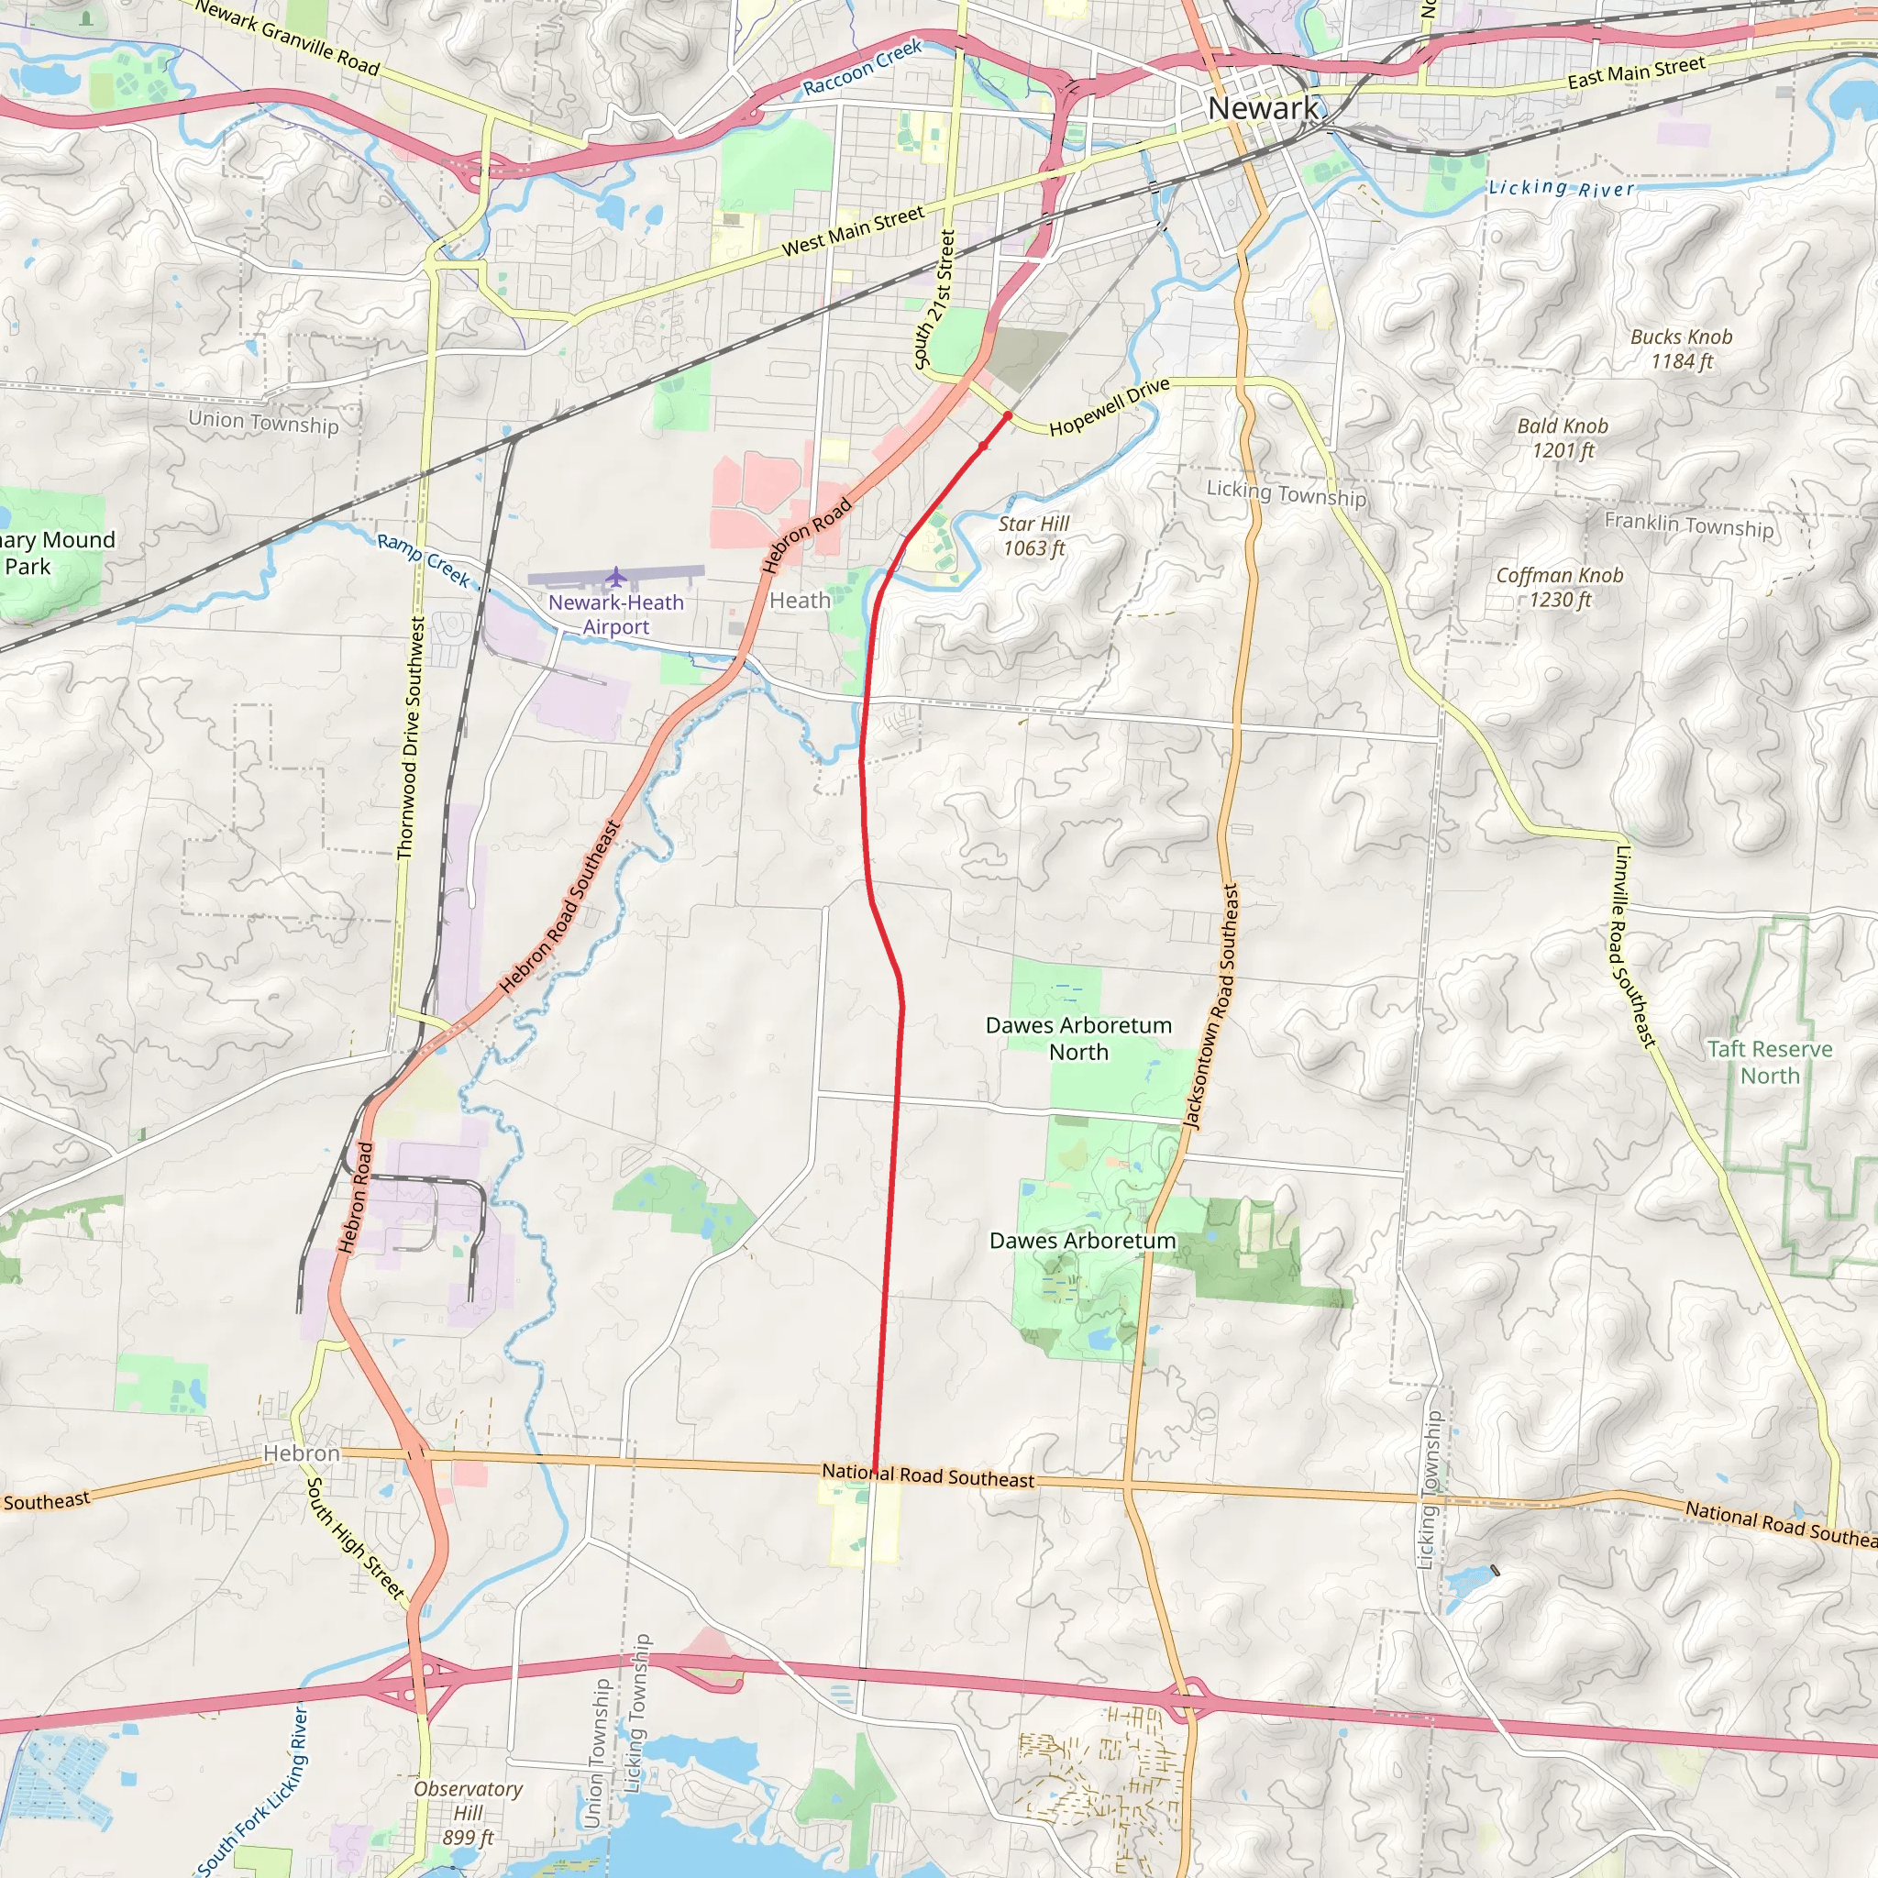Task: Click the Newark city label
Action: [x=1263, y=108]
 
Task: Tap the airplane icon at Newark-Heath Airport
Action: [x=615, y=578]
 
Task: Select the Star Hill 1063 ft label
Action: [x=1033, y=536]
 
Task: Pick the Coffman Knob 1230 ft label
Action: [x=1559, y=587]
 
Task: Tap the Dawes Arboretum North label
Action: [x=1078, y=1038]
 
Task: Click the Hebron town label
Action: [x=302, y=1453]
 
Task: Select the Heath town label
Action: [x=799, y=601]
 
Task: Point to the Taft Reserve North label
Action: [x=1769, y=1063]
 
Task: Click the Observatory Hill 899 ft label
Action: [x=468, y=1813]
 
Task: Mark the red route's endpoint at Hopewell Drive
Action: [x=1008, y=416]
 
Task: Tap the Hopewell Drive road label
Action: [x=1110, y=406]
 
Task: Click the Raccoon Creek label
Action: [x=861, y=67]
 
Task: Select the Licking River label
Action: [x=1561, y=188]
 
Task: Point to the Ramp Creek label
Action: [x=424, y=560]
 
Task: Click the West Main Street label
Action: [x=853, y=231]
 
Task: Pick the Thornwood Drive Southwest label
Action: [x=411, y=738]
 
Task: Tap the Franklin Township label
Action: [x=1688, y=525]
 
